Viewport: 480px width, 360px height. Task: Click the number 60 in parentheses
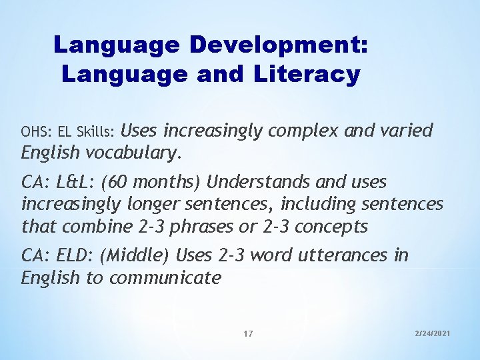click(121, 181)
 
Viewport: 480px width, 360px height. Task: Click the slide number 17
click(248, 333)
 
